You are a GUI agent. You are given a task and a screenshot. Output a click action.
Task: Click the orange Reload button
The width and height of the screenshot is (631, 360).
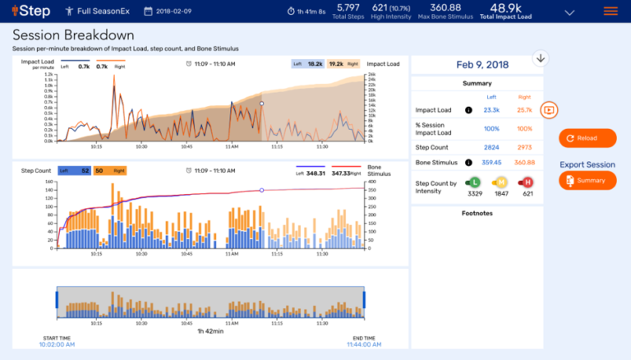coord(587,138)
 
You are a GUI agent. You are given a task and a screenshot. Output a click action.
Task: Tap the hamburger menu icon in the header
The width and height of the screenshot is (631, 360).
coord(610,12)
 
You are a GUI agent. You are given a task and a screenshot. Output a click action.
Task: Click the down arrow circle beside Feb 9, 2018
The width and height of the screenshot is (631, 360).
coord(540,58)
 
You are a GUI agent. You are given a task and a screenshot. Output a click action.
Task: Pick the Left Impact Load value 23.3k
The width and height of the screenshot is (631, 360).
coord(491,109)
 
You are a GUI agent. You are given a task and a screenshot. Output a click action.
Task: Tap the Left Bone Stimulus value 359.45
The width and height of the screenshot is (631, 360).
coord(491,162)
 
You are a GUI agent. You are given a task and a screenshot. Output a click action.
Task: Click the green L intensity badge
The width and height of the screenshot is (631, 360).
coord(474,182)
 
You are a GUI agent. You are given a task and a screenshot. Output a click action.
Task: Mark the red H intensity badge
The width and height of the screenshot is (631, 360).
coord(527,182)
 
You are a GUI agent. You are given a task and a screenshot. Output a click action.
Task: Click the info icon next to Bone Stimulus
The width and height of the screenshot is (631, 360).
coord(468,162)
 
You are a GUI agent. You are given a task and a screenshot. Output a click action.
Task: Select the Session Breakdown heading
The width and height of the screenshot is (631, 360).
coord(73,35)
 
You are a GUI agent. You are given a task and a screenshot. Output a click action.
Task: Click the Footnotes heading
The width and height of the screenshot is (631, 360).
coord(477,213)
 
